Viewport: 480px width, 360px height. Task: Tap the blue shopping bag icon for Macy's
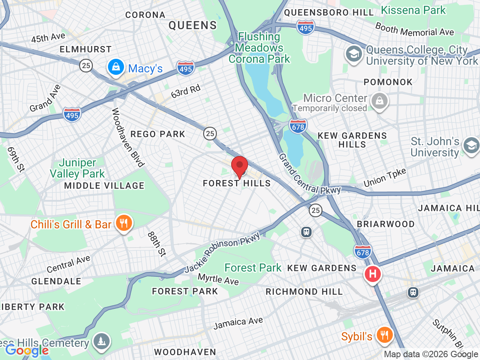pyautogui.click(x=115, y=68)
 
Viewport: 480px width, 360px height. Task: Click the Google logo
pyautogui.click(x=27, y=350)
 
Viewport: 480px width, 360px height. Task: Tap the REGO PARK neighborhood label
pyautogui.click(x=158, y=134)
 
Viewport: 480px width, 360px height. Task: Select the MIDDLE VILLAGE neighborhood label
pyautogui.click(x=104, y=186)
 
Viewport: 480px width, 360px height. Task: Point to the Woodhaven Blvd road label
pyautogui.click(x=128, y=137)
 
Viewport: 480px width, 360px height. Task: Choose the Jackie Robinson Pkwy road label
pyautogui.click(x=222, y=253)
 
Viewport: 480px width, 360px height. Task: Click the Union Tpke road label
pyautogui.click(x=384, y=178)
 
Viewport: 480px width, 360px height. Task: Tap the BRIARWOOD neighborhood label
pyautogui.click(x=386, y=224)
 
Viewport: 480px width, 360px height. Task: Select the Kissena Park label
pyautogui.click(x=413, y=10)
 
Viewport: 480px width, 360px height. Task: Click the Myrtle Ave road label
pyautogui.click(x=218, y=279)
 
